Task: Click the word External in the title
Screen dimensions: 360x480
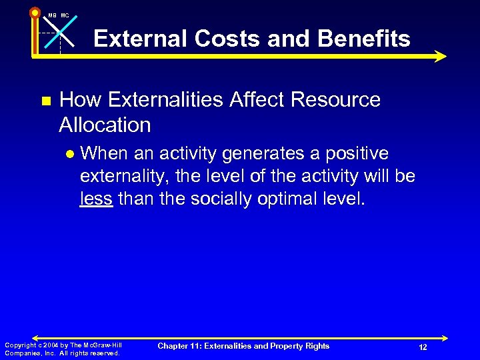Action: coord(140,39)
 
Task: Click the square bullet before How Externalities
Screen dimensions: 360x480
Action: coord(45,101)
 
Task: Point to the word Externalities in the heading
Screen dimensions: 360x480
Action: coord(173,100)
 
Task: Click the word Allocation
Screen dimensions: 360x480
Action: coord(105,125)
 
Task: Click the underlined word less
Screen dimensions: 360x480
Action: coord(96,199)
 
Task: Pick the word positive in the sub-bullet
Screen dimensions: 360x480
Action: coord(357,153)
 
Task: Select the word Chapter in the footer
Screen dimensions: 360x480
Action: coord(174,345)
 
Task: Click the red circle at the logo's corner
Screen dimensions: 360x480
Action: coord(35,13)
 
